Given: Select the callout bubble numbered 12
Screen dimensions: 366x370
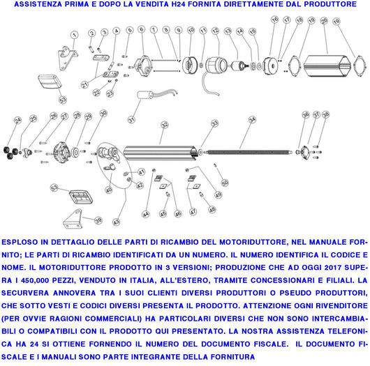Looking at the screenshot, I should point(216,31).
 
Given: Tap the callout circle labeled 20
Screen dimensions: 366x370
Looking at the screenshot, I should point(323,22).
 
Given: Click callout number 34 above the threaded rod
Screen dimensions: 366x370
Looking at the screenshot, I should point(252,120).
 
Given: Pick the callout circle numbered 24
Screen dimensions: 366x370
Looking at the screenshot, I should point(17,120).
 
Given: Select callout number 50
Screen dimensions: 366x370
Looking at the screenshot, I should point(224,183).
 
